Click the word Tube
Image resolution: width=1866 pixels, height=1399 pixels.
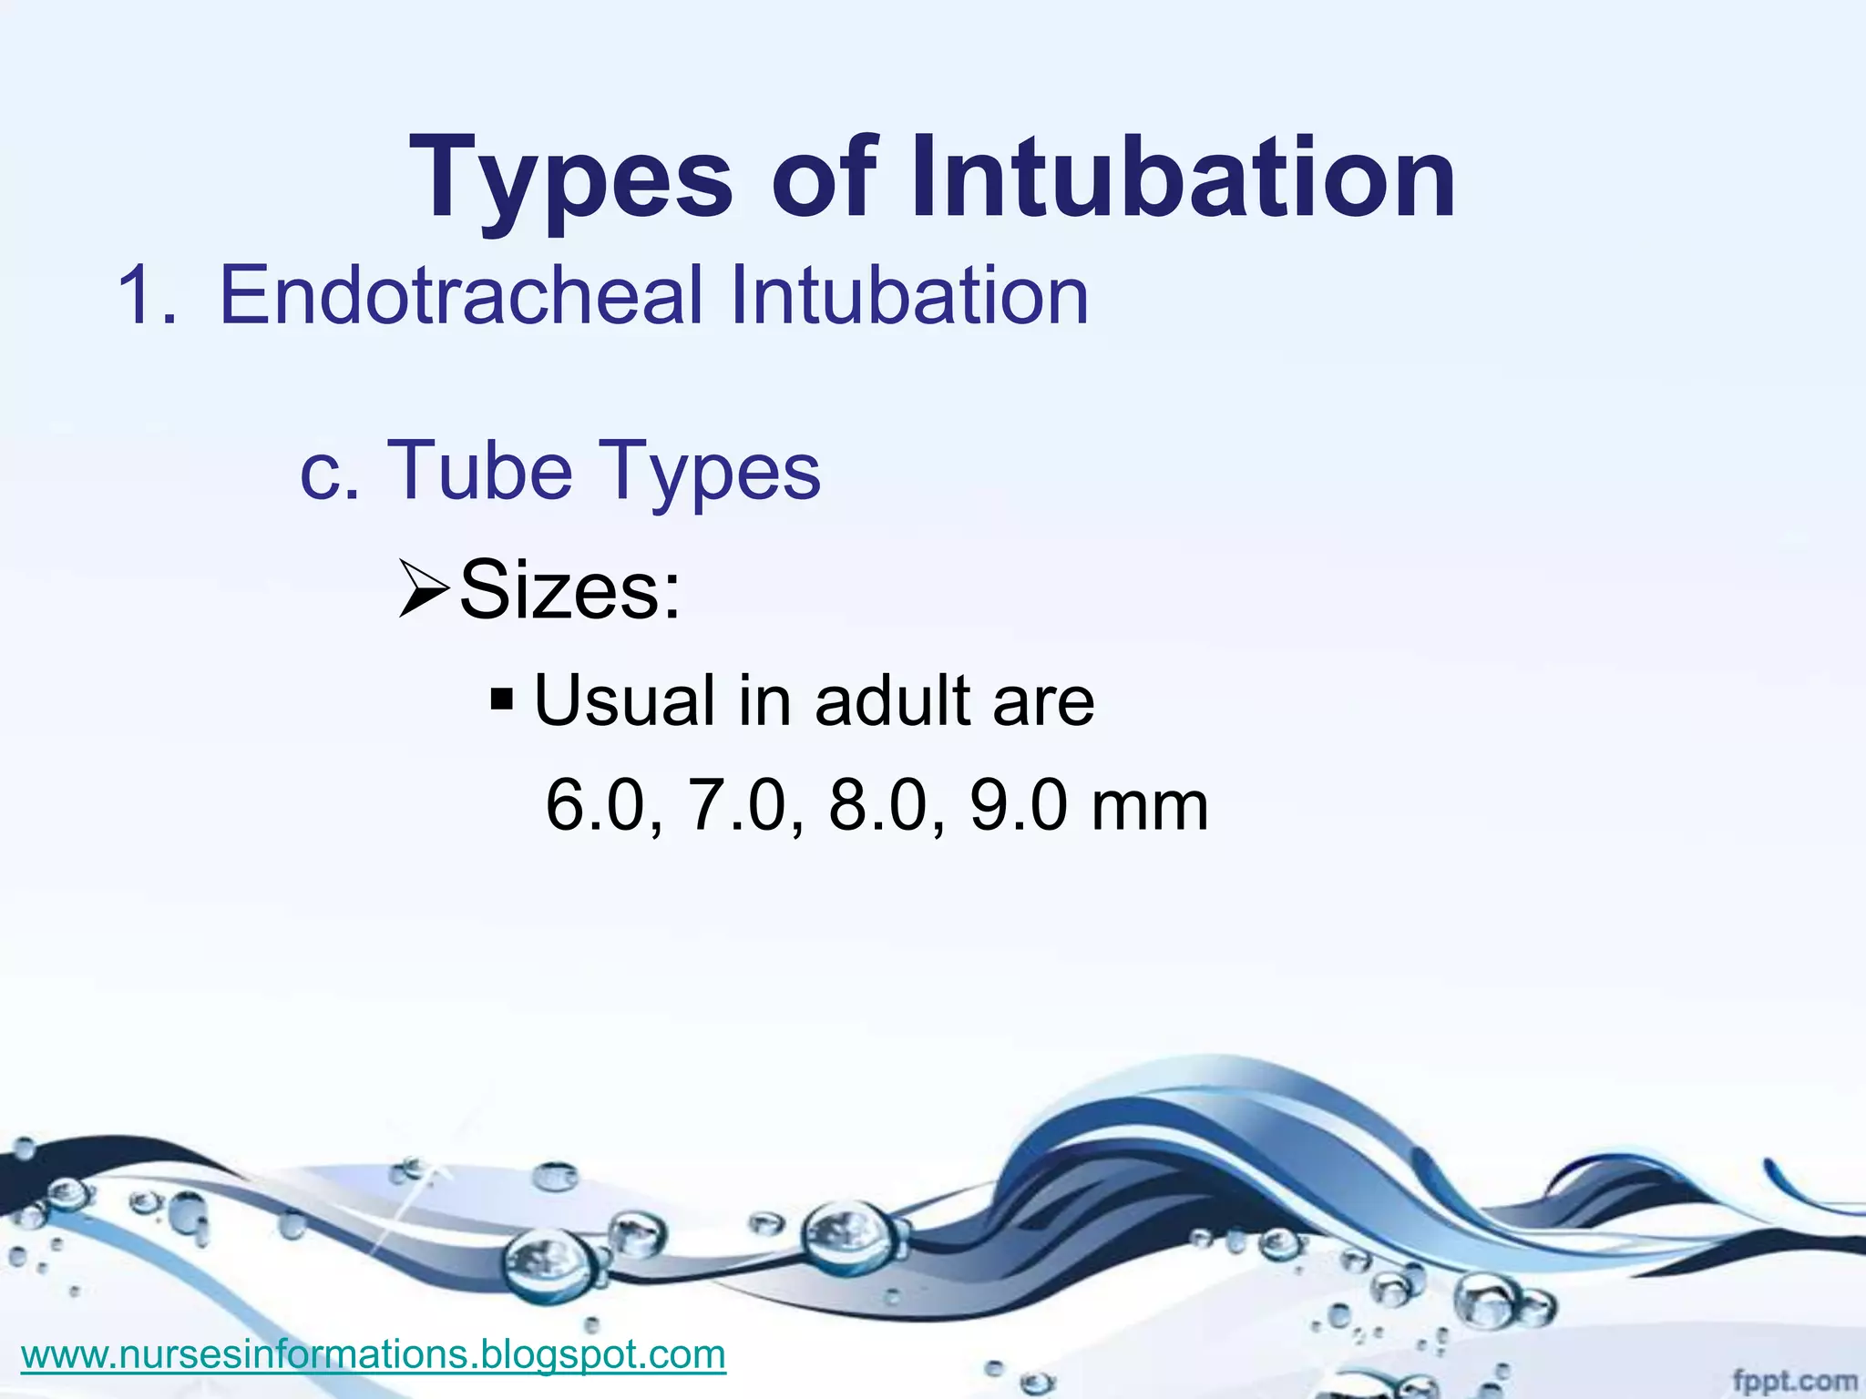tap(480, 470)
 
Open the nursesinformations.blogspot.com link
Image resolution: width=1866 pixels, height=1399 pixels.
tap(374, 1353)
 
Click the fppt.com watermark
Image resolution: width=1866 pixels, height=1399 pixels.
tap(1794, 1380)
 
